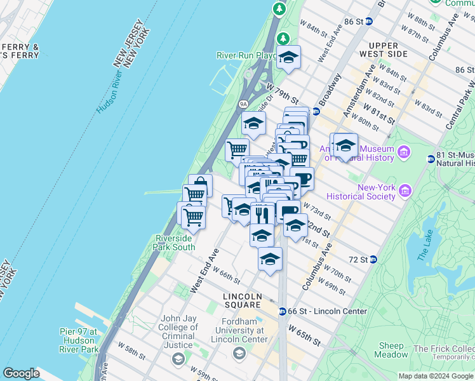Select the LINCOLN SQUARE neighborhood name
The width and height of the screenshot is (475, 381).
coord(243,301)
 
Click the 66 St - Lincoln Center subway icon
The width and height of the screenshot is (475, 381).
coord(282,311)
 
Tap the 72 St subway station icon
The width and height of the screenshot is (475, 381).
coord(373,260)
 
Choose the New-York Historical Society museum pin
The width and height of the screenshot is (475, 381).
coord(405,189)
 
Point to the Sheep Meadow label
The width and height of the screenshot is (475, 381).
coord(392,350)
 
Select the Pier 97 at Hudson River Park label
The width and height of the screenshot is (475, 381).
coord(79,340)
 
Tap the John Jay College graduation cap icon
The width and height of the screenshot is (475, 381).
coord(178,359)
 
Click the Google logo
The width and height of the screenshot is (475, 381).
coord(22,373)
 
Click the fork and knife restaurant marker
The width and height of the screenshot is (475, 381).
coord(262,214)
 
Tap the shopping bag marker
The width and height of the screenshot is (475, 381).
coord(200,185)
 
